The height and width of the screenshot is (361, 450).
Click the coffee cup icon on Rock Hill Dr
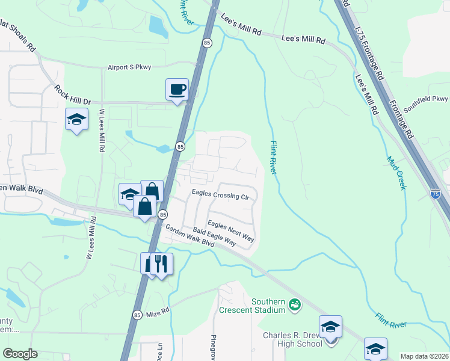pyautogui.click(x=177, y=90)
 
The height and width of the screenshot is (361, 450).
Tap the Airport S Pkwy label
pyautogui.click(x=129, y=67)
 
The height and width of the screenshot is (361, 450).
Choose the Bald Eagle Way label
pyautogui.click(x=215, y=236)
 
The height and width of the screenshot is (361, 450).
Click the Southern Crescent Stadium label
pyautogui.click(x=268, y=306)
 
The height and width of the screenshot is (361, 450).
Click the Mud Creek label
pyautogui.click(x=396, y=173)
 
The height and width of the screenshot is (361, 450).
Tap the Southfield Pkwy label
pyautogui.click(x=425, y=104)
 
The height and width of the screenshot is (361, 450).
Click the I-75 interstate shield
pyautogui.click(x=436, y=194)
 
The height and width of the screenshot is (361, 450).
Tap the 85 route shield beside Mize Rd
pyautogui.click(x=137, y=315)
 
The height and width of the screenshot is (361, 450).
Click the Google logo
pyautogui.click(x=20, y=354)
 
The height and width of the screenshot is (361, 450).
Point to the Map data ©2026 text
pyautogui.click(x=424, y=356)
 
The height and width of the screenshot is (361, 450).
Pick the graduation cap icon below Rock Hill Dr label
pyautogui.click(x=76, y=119)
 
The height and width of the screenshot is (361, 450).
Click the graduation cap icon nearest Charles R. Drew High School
pyautogui.click(x=330, y=327)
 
